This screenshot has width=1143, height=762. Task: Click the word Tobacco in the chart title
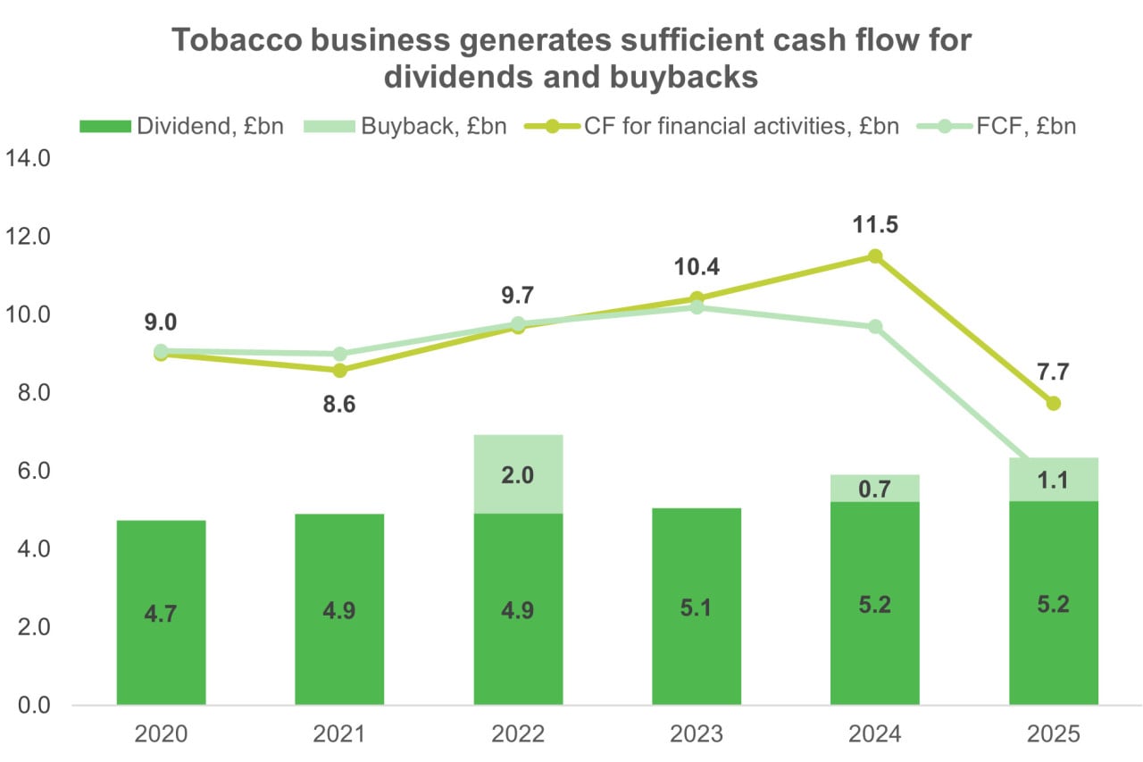click(x=237, y=40)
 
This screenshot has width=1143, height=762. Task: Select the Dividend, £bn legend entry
click(x=181, y=126)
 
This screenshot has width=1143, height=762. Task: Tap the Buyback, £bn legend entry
click(x=405, y=126)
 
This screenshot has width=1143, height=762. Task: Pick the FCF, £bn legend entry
click(x=996, y=126)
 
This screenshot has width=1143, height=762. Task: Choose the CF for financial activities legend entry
click(x=712, y=126)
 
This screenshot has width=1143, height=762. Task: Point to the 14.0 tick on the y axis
click(x=28, y=158)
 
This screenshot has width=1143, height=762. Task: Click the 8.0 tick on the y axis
click(x=34, y=392)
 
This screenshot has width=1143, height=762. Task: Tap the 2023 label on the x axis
click(x=697, y=734)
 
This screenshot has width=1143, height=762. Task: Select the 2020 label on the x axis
click(x=162, y=734)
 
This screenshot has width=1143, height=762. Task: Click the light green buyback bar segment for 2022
click(x=519, y=474)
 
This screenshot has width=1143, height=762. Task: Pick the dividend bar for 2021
click(x=339, y=609)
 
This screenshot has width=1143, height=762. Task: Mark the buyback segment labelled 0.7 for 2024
click(x=875, y=489)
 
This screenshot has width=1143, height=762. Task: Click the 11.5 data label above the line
click(x=875, y=224)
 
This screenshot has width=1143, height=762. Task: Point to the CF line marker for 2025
click(x=1053, y=403)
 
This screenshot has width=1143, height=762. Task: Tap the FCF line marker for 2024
click(x=875, y=327)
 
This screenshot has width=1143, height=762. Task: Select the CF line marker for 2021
click(x=340, y=370)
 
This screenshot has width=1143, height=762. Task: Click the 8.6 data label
click(x=339, y=404)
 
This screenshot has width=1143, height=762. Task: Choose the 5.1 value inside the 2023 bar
click(x=697, y=607)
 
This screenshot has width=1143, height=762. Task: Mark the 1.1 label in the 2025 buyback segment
click(x=1053, y=481)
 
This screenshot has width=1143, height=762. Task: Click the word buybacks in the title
click(x=684, y=78)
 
